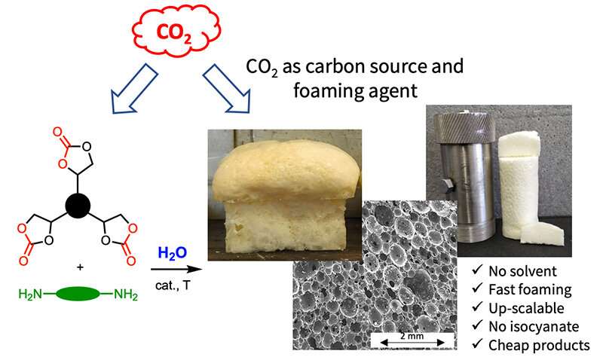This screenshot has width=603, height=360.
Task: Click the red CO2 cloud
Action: coord(176,31)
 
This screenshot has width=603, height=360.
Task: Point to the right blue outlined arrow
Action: coord(227,88)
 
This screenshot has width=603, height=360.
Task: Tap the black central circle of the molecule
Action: coord(78,206)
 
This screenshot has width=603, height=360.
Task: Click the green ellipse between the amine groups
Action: coord(78,294)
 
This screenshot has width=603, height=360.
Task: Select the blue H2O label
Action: coord(173,253)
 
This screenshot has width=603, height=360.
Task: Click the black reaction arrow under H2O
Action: coord(176,269)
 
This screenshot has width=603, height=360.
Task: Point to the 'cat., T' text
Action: coord(173,285)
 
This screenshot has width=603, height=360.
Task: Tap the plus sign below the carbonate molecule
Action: coord(80,267)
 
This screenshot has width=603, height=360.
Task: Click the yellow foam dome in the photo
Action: coord(286,172)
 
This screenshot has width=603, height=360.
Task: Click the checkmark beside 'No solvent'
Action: coord(477,270)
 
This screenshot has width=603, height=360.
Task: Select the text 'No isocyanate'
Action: coord(534,327)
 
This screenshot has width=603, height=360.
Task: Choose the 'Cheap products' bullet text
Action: coord(539,345)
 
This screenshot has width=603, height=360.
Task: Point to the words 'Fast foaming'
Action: coord(530,290)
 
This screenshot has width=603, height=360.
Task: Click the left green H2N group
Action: coord(30,294)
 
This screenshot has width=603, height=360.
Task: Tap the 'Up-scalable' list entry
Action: coord(526,308)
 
